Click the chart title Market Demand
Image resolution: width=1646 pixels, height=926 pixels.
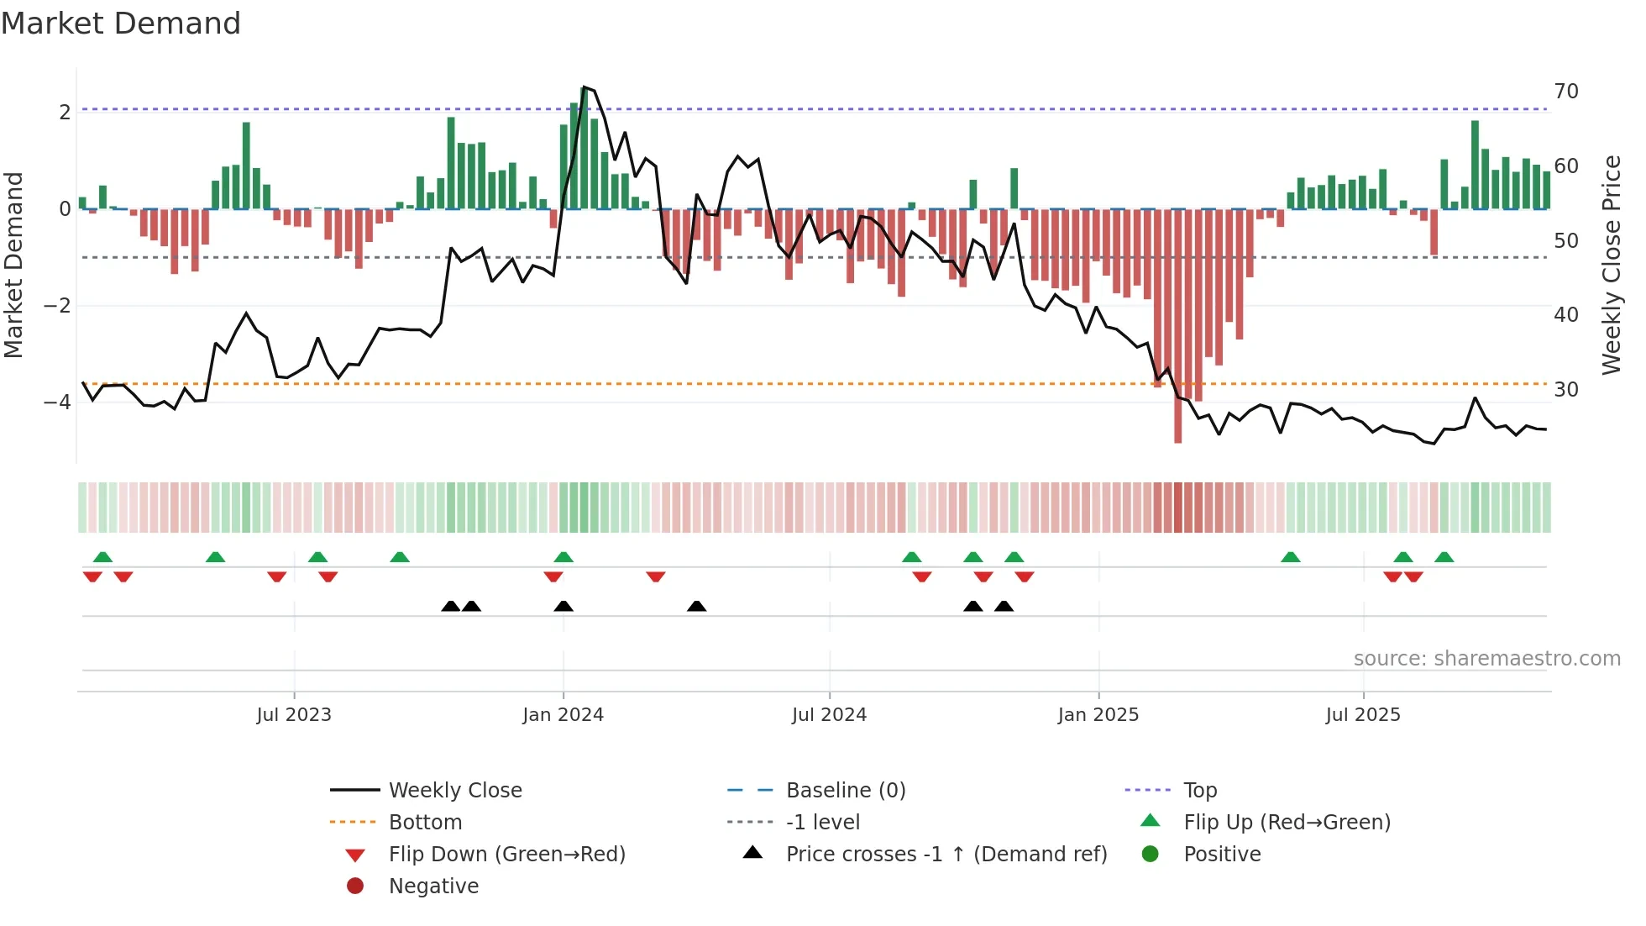click(x=121, y=24)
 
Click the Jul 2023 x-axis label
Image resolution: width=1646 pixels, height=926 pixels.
click(x=294, y=715)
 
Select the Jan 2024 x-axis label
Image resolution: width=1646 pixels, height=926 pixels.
click(x=563, y=715)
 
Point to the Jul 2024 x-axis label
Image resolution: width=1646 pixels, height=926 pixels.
click(x=829, y=715)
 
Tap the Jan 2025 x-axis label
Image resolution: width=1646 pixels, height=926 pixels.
click(x=1098, y=715)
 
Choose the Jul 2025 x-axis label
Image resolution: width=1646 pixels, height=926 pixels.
click(x=1363, y=715)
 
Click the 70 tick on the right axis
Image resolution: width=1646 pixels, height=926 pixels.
click(x=1566, y=91)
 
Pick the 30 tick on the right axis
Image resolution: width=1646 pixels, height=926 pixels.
click(x=1566, y=389)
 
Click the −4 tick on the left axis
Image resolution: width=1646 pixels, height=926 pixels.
click(x=57, y=402)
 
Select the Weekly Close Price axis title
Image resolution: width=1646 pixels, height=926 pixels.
click(x=1611, y=265)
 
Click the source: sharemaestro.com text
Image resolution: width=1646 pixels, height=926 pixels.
click(x=1486, y=659)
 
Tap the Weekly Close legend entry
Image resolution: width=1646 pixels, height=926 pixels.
click(x=455, y=791)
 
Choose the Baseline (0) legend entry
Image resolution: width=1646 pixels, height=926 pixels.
click(x=846, y=791)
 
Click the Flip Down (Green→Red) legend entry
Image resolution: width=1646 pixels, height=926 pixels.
click(x=506, y=855)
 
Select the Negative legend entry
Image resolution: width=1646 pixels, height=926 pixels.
click(x=433, y=887)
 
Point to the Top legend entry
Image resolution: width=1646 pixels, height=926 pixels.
click(x=1200, y=791)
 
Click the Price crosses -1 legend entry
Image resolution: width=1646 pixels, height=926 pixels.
click(x=946, y=855)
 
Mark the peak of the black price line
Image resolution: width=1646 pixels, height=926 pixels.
click(x=584, y=87)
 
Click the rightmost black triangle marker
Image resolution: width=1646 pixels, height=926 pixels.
click(x=1004, y=606)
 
